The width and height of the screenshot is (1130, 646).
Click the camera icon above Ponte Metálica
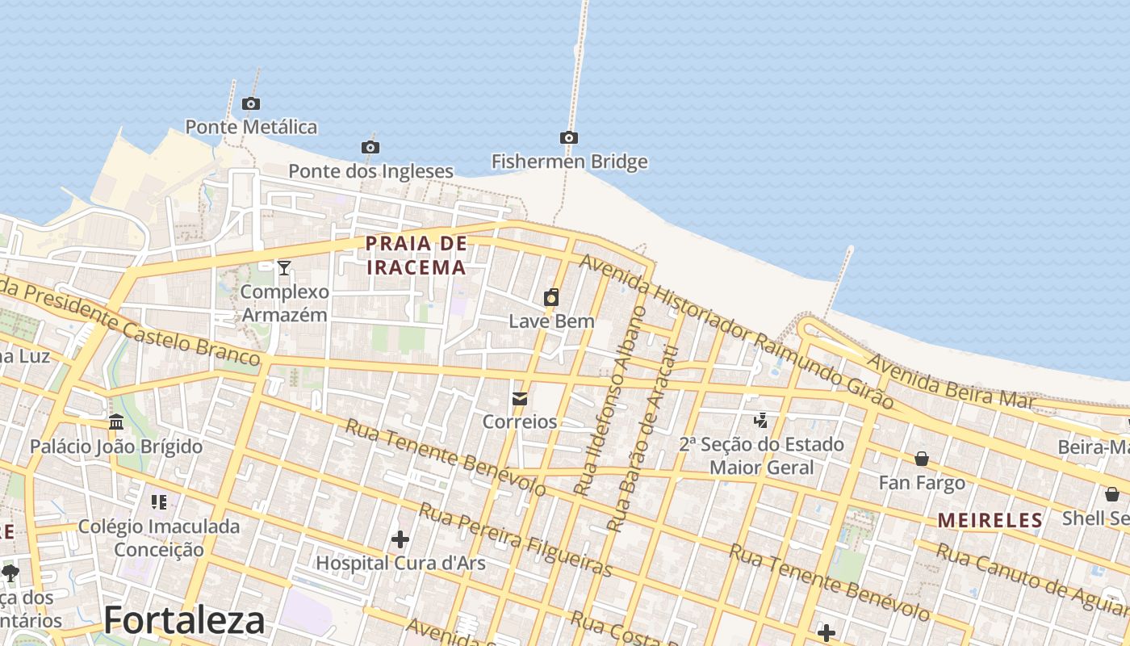click(251, 103)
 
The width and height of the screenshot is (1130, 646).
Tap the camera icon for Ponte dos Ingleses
click(370, 147)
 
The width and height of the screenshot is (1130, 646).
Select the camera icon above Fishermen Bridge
click(569, 138)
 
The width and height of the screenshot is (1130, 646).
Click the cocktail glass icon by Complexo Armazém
click(284, 267)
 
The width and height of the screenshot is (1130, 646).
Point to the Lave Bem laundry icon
click(551, 297)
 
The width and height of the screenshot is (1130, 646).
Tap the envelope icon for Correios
click(520, 398)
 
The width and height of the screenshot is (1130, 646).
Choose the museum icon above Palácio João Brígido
click(116, 422)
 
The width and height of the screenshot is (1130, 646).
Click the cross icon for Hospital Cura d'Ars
click(400, 539)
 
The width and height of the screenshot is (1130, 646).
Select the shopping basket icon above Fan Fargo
click(922, 459)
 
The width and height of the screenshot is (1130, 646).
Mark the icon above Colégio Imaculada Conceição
click(159, 502)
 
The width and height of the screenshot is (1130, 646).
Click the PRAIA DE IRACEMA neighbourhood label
click(416, 255)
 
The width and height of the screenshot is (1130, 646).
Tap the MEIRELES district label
click(990, 521)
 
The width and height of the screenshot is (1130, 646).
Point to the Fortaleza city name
click(184, 620)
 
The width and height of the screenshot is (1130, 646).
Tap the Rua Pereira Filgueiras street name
click(515, 539)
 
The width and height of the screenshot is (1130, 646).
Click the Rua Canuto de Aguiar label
click(1033, 578)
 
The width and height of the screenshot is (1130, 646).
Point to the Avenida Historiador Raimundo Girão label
click(735, 331)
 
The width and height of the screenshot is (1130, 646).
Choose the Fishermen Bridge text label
click(570, 161)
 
